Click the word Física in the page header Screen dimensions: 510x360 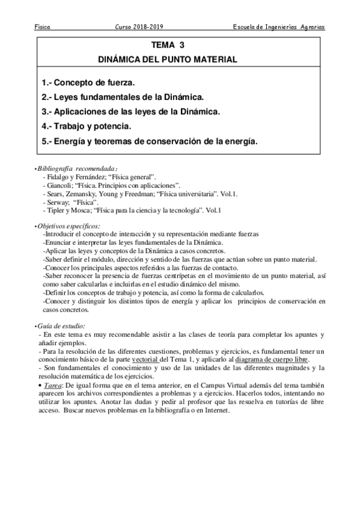pos(42,27)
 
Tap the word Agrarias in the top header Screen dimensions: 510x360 pos(310,27)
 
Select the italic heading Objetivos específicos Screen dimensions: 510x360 pos(69,226)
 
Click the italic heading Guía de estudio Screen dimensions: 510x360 pos(61,325)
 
